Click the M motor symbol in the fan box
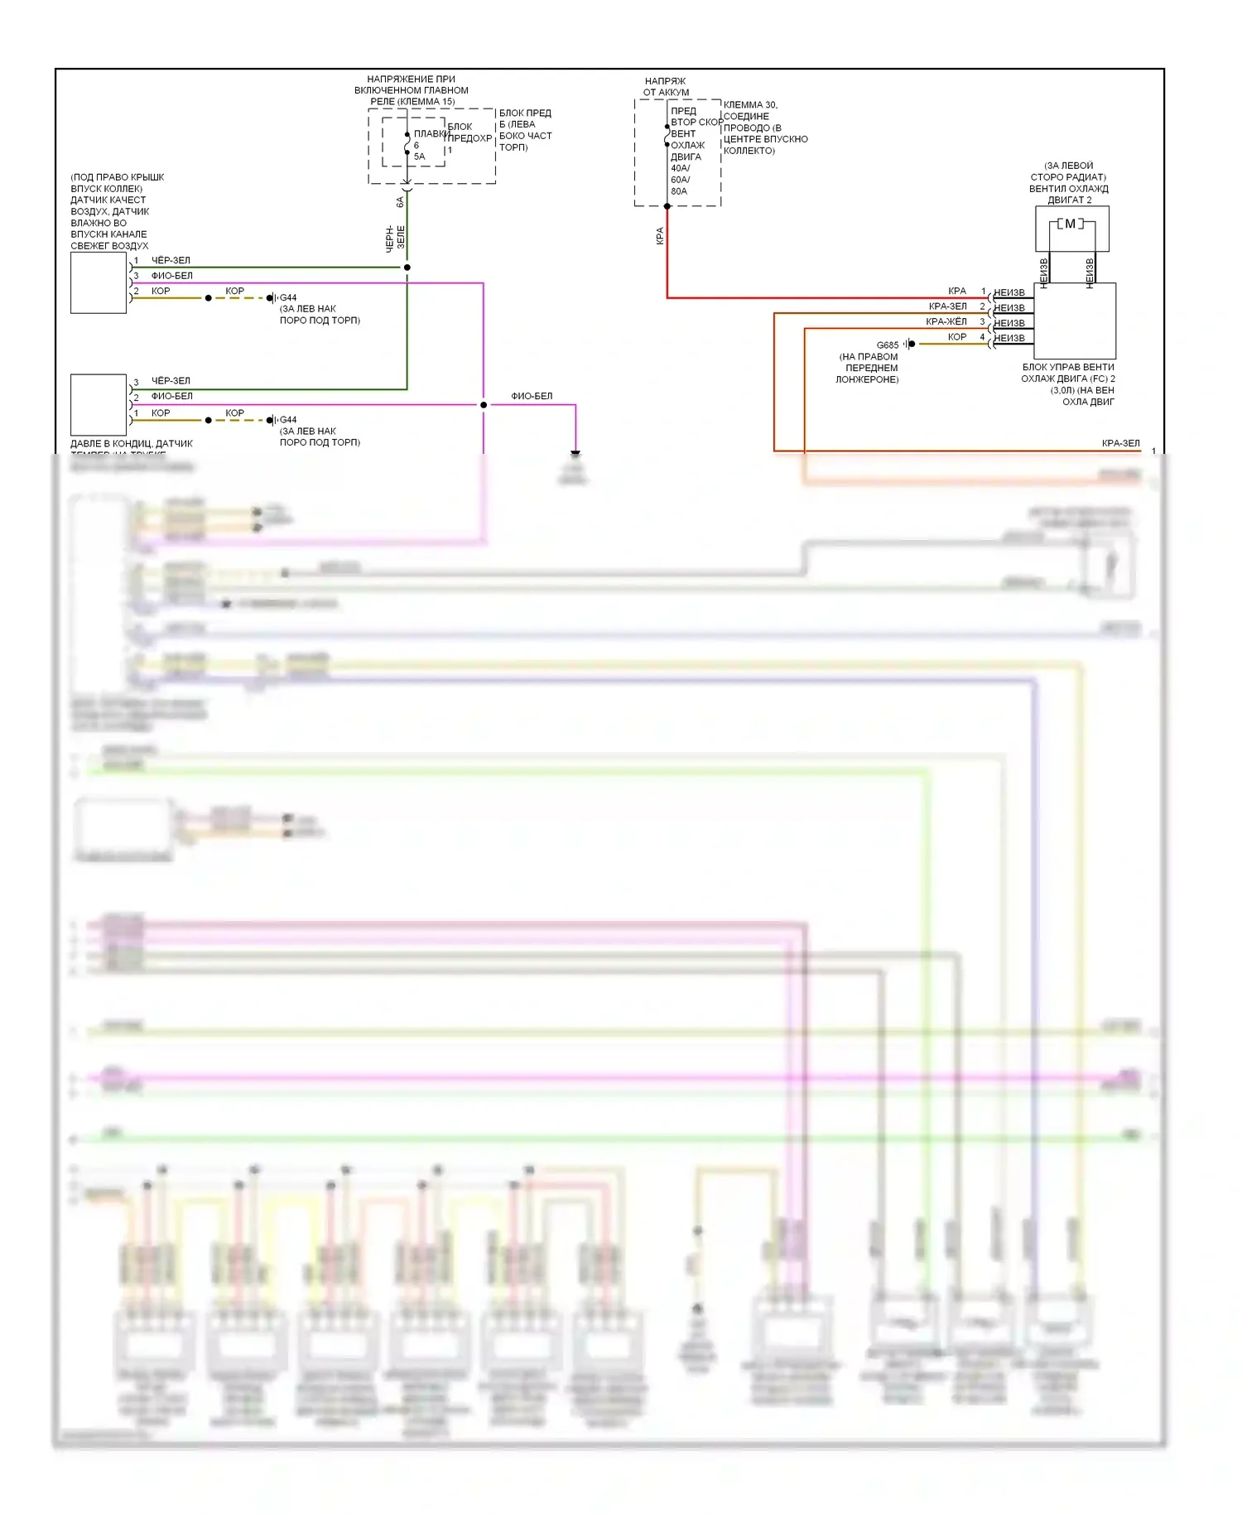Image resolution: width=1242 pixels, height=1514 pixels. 1071,224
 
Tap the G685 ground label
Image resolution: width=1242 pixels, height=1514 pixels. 887,345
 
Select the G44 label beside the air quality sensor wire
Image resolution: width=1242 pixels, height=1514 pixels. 288,298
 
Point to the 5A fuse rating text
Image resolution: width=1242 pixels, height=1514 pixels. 419,157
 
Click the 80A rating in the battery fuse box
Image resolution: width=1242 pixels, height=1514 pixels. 679,191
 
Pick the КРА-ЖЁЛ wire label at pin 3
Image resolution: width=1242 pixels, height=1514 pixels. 946,321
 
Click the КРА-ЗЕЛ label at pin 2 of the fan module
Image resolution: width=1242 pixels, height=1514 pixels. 947,306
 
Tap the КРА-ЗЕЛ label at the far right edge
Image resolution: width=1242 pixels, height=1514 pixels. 1120,443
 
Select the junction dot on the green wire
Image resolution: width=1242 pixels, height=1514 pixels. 407,268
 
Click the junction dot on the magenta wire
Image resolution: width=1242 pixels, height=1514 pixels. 484,405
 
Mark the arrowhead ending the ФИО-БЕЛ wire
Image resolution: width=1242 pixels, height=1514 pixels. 575,454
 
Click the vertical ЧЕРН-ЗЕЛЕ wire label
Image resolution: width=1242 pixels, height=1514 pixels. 396,238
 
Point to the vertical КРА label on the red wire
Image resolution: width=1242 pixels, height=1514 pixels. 660,236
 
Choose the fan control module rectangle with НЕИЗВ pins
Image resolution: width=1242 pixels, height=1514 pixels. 1074,321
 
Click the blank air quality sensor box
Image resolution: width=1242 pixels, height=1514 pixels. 99,283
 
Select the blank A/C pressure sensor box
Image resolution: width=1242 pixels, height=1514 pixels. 99,404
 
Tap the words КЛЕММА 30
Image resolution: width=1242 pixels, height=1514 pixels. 750,105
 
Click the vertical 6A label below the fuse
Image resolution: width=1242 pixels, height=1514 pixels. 400,201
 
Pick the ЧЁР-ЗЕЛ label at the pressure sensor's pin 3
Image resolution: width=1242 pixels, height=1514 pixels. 171,381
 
